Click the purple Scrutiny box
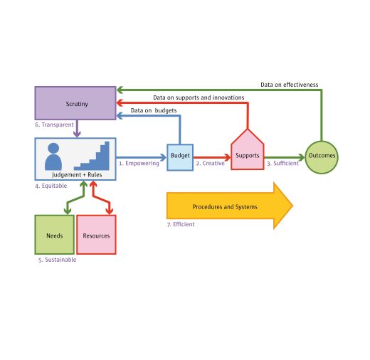(x=75, y=102)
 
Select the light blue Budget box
(x=179, y=157)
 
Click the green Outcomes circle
(x=322, y=156)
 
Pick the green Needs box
(x=54, y=235)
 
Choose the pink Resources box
(x=96, y=235)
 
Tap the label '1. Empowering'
(x=139, y=164)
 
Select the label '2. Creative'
(x=210, y=164)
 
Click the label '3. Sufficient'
(x=282, y=164)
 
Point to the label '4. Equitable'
(x=52, y=186)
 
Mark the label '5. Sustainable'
(x=57, y=260)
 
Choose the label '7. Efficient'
(x=180, y=225)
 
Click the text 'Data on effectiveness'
(x=289, y=85)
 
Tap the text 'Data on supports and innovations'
(x=199, y=97)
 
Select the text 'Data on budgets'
(x=154, y=110)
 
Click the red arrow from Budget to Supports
(x=211, y=156)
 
